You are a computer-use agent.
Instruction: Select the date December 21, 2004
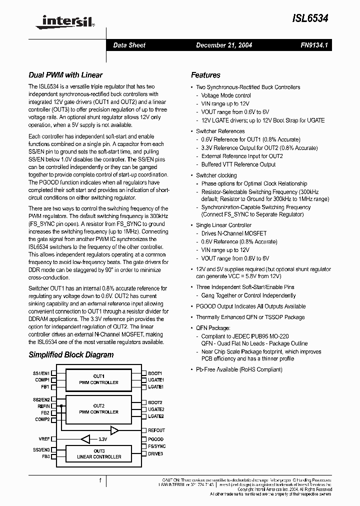pyautogui.click(x=223, y=45)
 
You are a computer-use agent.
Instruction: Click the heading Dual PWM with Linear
pyautogui.click(x=65, y=75)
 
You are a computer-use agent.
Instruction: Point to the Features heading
pyautogui.click(x=205, y=75)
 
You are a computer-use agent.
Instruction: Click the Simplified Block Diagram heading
pyautogui.click(x=71, y=355)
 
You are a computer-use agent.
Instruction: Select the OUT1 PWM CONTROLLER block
pyautogui.click(x=98, y=379)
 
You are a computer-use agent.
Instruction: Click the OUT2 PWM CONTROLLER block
pyautogui.click(x=98, y=409)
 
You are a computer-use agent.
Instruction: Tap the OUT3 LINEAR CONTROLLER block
pyautogui.click(x=98, y=454)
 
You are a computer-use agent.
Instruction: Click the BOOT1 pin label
pyautogui.click(x=155, y=373)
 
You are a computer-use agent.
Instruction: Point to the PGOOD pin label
pyautogui.click(x=155, y=439)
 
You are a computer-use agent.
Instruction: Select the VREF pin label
pyautogui.click(x=44, y=439)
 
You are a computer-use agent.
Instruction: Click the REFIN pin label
pyautogui.click(x=43, y=406)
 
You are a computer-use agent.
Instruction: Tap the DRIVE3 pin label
pyautogui.click(x=155, y=453)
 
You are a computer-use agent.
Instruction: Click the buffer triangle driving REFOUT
pyautogui.click(x=114, y=430)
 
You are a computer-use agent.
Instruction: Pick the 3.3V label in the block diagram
pyautogui.click(x=102, y=439)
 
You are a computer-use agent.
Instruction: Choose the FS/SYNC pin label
pyautogui.click(x=156, y=446)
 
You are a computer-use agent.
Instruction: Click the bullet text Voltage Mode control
pyautogui.click(x=226, y=95)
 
